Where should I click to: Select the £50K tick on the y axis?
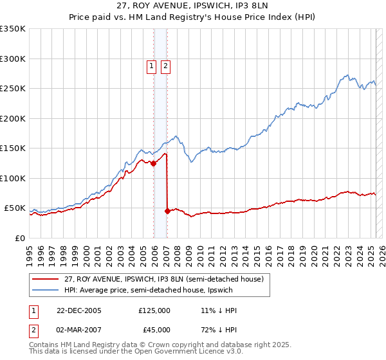click(x=15, y=208)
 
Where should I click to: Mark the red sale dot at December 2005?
click(x=154, y=163)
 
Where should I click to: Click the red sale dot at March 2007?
click(x=167, y=211)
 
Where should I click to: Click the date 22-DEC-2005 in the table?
click(x=79, y=310)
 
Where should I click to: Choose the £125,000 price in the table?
click(x=154, y=310)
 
